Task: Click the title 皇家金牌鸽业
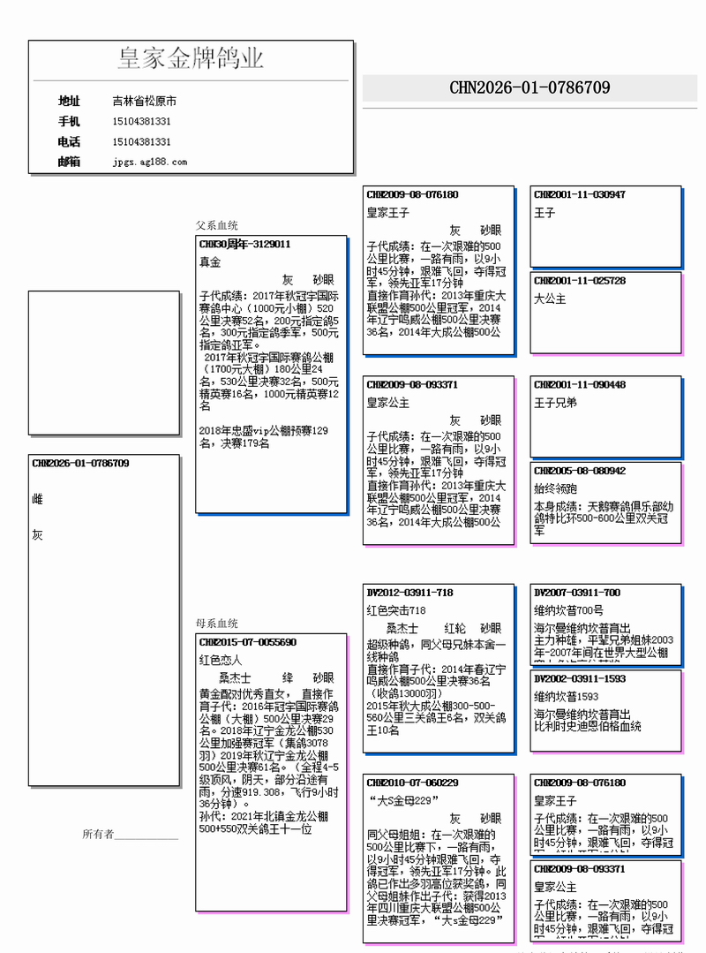(x=191, y=59)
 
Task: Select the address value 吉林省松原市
(x=144, y=102)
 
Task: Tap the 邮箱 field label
(x=69, y=162)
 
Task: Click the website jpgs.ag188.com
(x=150, y=162)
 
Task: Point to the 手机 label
(x=69, y=121)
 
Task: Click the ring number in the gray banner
(x=529, y=87)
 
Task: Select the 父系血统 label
(x=217, y=226)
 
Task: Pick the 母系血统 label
(x=217, y=624)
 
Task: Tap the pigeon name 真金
(x=210, y=262)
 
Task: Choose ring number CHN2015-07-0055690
(x=248, y=642)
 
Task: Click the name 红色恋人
(x=221, y=660)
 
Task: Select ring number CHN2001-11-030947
(x=580, y=194)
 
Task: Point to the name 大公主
(x=550, y=299)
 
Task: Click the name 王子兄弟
(x=555, y=403)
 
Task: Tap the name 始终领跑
(x=555, y=488)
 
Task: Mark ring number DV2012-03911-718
(x=409, y=592)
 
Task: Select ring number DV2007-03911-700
(x=577, y=592)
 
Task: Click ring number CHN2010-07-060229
(x=412, y=783)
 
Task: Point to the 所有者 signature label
(x=98, y=834)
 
